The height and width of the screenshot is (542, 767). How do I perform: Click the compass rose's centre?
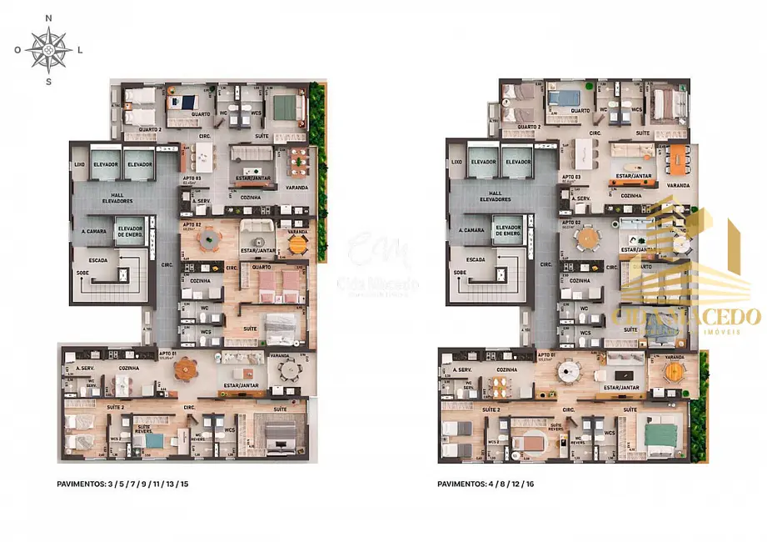coord(49,49)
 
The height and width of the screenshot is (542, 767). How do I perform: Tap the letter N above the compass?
coord(49,18)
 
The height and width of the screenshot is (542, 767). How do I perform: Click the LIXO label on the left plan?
coord(79,163)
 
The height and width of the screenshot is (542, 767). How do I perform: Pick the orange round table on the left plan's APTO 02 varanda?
coord(297,243)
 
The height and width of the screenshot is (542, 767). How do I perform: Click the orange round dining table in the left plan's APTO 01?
coord(188,368)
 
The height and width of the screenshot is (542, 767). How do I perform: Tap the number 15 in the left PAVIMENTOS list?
coord(184,484)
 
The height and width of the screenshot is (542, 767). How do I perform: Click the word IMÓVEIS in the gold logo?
coord(735,331)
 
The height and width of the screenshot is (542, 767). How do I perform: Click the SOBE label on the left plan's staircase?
coord(83,273)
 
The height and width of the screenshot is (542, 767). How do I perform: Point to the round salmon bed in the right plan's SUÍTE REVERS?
coord(526,442)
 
